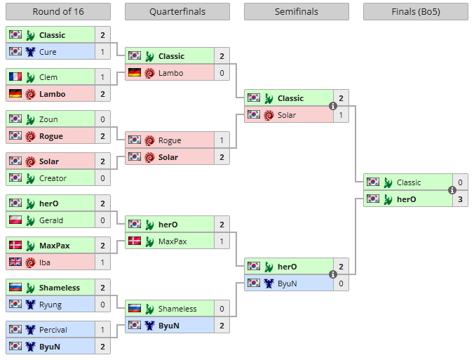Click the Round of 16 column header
[57, 12]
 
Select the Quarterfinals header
[177, 12]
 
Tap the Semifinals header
[296, 12]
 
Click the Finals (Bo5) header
[415, 12]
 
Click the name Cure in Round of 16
[48, 52]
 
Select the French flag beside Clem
[15, 77]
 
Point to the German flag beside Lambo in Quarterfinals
[134, 73]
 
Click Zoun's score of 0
[102, 119]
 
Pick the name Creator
[53, 178]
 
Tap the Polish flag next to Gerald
[15, 220]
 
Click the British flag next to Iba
[15, 262]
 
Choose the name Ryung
[50, 305]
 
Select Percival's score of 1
[102, 330]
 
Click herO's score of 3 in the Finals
[460, 199]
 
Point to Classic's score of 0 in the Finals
[460, 182]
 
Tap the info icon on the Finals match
[452, 190]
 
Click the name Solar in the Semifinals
[287, 115]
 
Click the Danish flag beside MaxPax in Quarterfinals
[134, 241]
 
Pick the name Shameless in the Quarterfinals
[177, 309]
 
